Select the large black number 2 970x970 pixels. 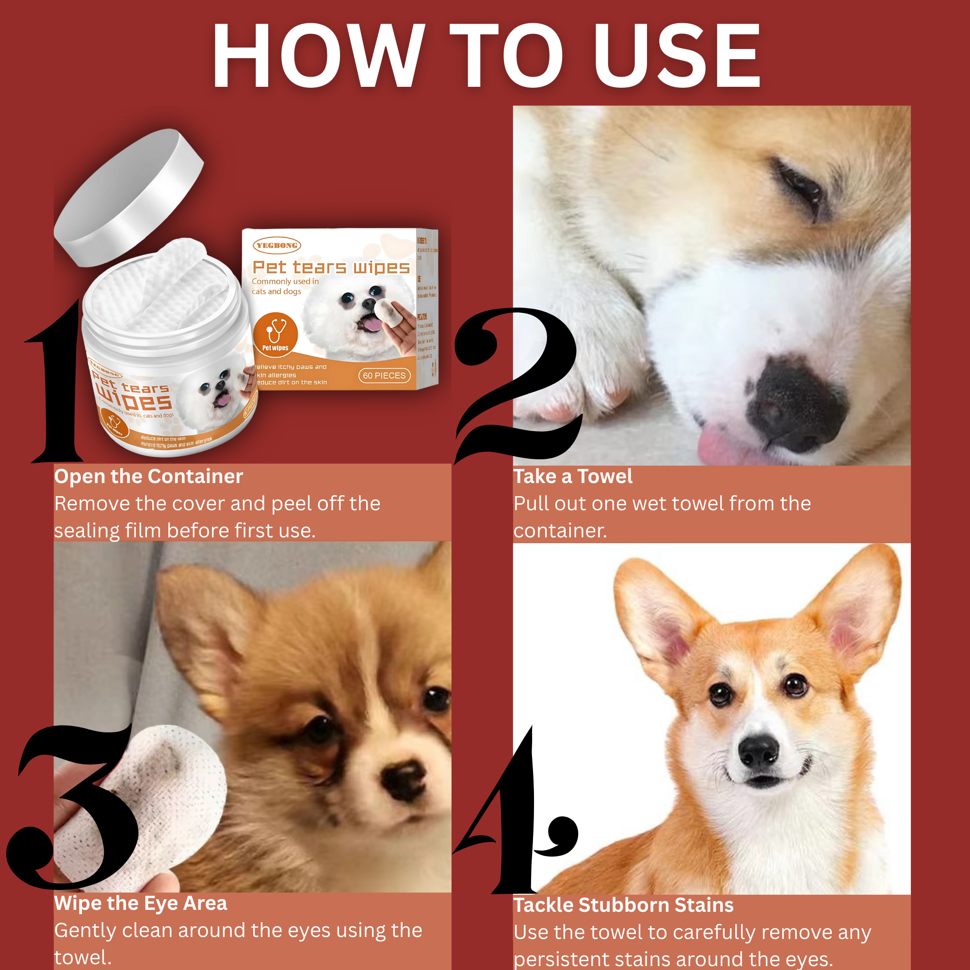(517, 387)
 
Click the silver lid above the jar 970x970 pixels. (129, 197)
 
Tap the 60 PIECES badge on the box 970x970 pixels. (384, 375)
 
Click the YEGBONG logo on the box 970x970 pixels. (276, 245)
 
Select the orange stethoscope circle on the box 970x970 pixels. (275, 334)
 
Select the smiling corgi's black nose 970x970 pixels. (759, 752)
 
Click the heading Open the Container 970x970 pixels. (148, 476)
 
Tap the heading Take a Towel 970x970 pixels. (573, 476)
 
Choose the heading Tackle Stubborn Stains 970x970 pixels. (623, 905)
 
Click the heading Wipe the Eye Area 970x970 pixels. (141, 903)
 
